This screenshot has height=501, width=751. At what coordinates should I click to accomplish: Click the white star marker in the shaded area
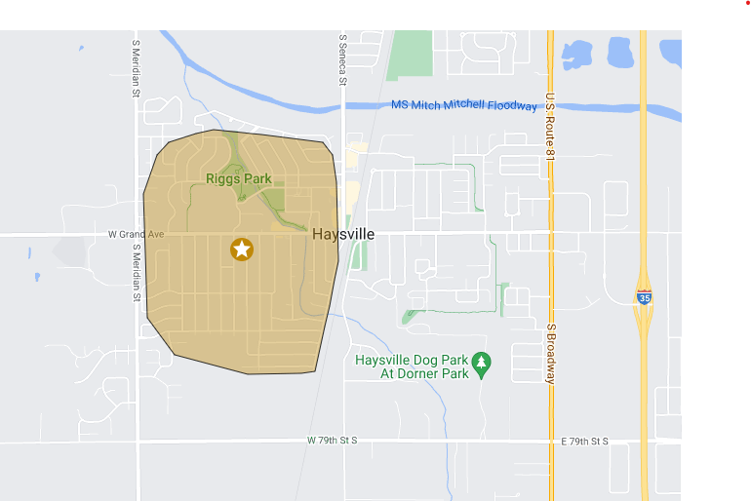(x=242, y=250)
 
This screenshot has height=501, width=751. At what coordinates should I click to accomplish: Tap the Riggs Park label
(x=238, y=178)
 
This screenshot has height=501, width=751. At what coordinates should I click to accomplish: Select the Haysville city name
(x=343, y=235)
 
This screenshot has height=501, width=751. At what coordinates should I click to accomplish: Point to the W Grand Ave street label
(x=136, y=235)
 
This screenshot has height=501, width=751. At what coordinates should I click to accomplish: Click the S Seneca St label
(x=343, y=60)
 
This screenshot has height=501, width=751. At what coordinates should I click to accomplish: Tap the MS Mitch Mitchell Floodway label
(x=463, y=105)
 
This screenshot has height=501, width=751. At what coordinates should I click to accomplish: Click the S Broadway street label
(x=550, y=354)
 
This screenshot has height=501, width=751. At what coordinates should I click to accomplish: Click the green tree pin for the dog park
(x=481, y=365)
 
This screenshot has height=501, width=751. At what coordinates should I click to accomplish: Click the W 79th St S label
(x=333, y=441)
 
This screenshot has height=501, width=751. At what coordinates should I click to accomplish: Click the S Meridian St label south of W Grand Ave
(x=137, y=272)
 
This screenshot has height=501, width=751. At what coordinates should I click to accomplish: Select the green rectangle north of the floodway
(x=411, y=56)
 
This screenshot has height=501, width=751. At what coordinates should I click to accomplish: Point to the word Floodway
(x=513, y=105)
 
